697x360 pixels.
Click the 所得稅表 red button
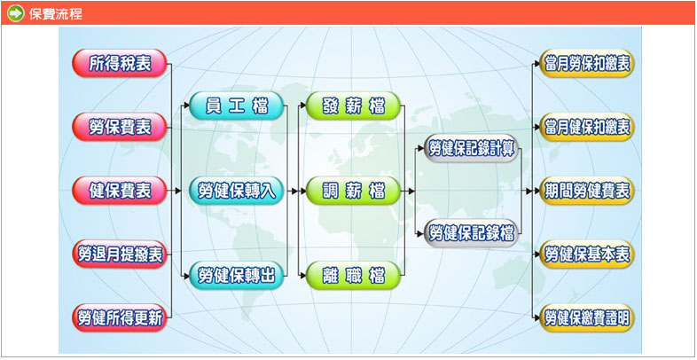120,64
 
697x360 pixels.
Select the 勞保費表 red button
120,128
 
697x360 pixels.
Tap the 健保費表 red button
120,191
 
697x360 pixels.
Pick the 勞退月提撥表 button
120,254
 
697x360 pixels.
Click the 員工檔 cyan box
237,106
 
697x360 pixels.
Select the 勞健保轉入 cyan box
237,191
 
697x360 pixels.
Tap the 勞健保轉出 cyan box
237,276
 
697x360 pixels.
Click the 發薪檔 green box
353,106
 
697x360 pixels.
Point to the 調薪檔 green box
353,191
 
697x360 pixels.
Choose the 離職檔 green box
353,276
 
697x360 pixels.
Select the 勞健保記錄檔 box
471,233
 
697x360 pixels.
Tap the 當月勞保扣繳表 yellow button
588,64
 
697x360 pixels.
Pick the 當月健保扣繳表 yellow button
588,128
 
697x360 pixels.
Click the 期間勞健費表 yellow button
588,191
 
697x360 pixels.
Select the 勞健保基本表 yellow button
588,254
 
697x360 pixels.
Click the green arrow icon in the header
15,13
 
